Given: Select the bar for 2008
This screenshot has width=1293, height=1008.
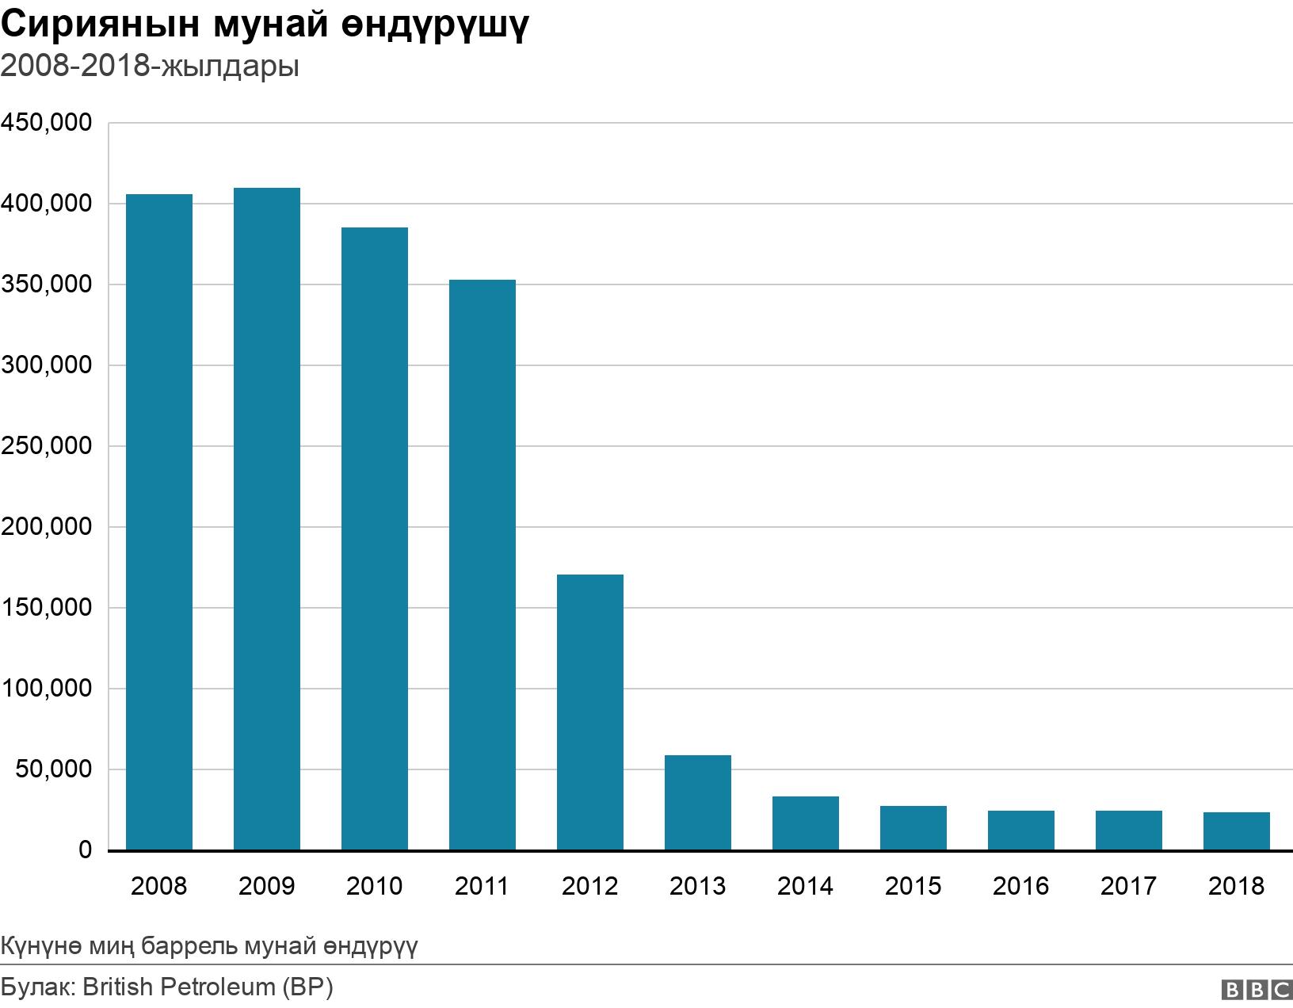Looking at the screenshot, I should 159,522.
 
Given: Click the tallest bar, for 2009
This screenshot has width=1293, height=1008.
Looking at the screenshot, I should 267,519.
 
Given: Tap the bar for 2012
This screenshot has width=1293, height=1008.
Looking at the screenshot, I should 590,712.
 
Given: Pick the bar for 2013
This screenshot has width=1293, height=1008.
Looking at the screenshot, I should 698,803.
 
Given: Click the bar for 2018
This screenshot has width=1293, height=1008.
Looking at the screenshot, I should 1237,831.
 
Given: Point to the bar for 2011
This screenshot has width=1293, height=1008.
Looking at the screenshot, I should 482,565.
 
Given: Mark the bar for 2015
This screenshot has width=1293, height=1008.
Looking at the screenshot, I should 913,828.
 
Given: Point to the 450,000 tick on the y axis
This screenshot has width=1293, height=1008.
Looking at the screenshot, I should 47,123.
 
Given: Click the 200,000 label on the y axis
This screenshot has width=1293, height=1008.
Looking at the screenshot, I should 47,527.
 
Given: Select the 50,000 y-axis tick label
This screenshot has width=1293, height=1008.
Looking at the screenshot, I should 54,769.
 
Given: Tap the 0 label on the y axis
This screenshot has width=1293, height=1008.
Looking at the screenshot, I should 85,850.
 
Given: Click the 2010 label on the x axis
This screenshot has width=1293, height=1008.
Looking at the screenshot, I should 374,885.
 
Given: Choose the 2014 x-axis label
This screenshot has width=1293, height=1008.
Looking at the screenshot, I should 805,885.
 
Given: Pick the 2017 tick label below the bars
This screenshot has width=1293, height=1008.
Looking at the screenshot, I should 1128,885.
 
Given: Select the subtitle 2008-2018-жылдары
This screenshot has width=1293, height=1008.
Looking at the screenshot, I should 150,67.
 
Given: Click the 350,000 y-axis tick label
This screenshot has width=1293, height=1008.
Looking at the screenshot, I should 47,284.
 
